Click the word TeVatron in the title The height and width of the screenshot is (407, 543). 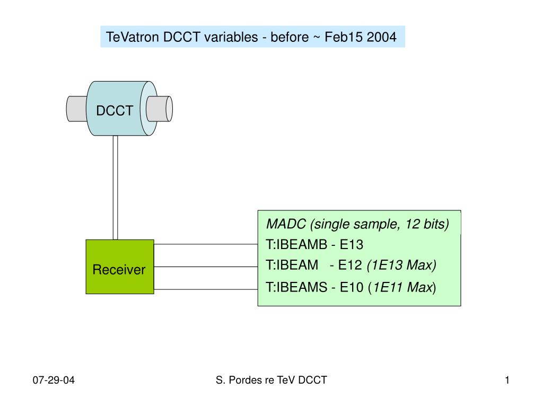pyautogui.click(x=133, y=37)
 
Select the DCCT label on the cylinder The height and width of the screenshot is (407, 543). pyautogui.click(x=115, y=111)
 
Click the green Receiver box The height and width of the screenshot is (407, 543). pyautogui.click(x=120, y=267)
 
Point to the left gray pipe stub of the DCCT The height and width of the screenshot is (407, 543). pyautogui.click(x=76, y=109)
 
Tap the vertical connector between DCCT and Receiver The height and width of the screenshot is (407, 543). pyautogui.click(x=115, y=188)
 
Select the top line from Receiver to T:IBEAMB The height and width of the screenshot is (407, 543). pyautogui.click(x=206, y=244)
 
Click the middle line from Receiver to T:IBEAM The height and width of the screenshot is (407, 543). pyautogui.click(x=206, y=267)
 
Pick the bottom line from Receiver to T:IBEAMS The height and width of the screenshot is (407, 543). pyautogui.click(x=206, y=289)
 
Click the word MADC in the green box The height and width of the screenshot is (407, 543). pyautogui.click(x=286, y=224)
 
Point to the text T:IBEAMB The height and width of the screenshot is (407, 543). pyautogui.click(x=296, y=244)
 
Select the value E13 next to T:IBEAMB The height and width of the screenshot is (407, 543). pyautogui.click(x=352, y=244)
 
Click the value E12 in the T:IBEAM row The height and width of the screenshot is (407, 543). pyautogui.click(x=350, y=265)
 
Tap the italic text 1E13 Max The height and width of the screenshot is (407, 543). pyautogui.click(x=402, y=265)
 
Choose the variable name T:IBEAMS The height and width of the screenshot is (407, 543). pyautogui.click(x=296, y=287)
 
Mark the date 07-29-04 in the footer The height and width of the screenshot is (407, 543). pyautogui.click(x=54, y=380)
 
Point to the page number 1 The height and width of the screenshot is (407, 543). pyautogui.click(x=507, y=380)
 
